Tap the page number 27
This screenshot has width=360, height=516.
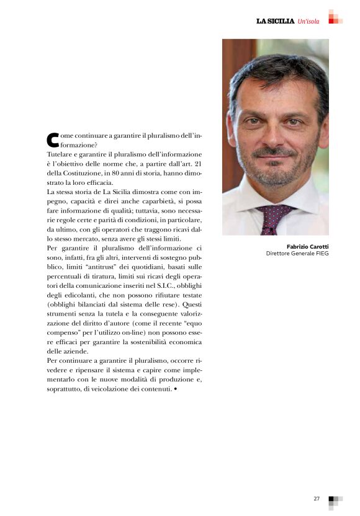(317, 498)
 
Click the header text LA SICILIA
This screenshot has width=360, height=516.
(275, 21)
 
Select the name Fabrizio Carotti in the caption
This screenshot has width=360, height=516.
(308, 246)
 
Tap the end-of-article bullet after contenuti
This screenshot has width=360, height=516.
(176, 389)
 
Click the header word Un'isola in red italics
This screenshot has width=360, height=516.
(308, 21)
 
